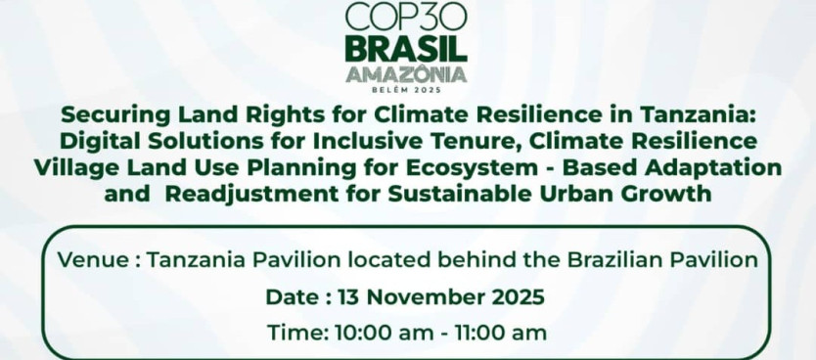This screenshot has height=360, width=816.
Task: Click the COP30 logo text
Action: pos(407,19)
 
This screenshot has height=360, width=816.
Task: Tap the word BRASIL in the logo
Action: pos(407,49)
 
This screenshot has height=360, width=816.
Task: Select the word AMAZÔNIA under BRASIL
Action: pos(407,75)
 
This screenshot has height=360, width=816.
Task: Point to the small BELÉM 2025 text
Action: pos(407,89)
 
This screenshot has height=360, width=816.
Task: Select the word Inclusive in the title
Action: pos(361,141)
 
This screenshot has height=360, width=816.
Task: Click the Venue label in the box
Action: pos(92,261)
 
